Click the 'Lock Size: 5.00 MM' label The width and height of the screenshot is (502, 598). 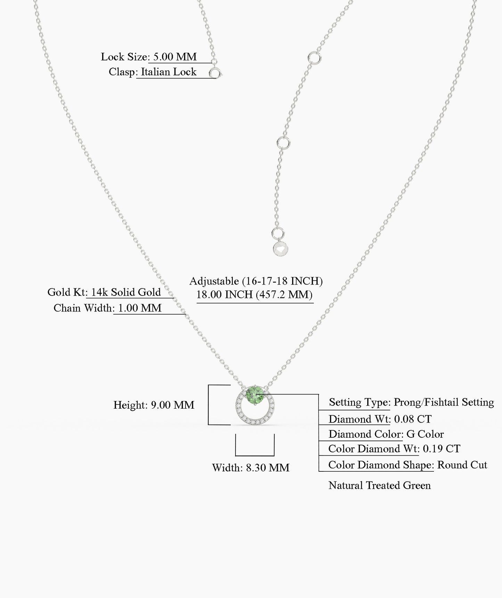click(x=149, y=57)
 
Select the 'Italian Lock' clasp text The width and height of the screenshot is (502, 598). click(x=168, y=72)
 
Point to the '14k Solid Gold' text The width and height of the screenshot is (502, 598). click(x=126, y=292)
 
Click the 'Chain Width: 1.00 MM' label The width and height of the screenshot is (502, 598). click(x=107, y=308)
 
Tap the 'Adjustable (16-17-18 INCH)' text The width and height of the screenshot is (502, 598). click(x=256, y=281)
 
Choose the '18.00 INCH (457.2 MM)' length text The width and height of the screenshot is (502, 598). click(x=254, y=294)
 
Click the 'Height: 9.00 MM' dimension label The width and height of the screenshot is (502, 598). click(x=154, y=405)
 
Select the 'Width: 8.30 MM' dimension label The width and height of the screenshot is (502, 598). click(x=250, y=468)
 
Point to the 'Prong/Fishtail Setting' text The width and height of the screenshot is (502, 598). click(x=444, y=402)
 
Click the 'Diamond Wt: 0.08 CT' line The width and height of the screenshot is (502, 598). click(x=380, y=419)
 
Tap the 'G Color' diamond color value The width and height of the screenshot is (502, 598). click(x=425, y=434)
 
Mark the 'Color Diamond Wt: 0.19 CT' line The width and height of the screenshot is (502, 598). click(x=394, y=448)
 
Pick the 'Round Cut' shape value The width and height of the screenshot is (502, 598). click(x=462, y=465)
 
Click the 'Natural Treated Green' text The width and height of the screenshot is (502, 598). click(x=380, y=485)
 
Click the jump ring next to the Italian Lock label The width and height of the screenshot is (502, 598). click(x=215, y=73)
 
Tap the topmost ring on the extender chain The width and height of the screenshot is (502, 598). click(x=314, y=57)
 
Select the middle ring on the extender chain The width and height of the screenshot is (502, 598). click(x=283, y=143)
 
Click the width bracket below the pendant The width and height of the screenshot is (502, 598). click(x=255, y=445)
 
